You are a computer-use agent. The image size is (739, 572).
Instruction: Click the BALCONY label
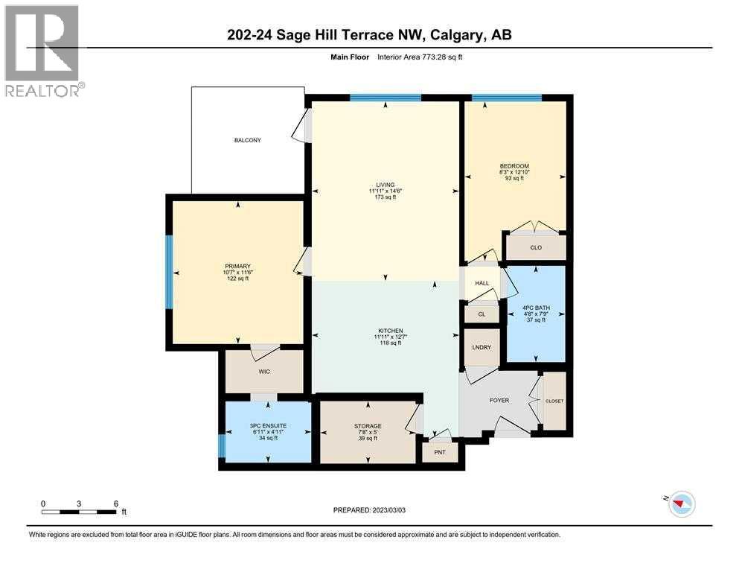click(248, 140)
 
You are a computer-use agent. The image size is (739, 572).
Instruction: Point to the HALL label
click(482, 284)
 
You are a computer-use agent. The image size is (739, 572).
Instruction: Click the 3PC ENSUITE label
click(268, 425)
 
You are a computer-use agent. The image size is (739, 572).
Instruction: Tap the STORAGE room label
click(368, 426)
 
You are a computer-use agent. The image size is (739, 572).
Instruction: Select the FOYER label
click(499, 401)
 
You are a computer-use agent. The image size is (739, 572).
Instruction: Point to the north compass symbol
click(680, 505)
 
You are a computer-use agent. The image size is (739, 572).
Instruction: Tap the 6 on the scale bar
click(115, 503)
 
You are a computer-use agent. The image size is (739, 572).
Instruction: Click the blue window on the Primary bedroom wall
click(169, 273)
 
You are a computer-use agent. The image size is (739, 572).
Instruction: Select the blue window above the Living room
click(386, 98)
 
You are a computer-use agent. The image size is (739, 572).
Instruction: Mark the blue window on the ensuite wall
click(222, 446)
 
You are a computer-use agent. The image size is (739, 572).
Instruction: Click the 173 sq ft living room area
click(386, 198)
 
